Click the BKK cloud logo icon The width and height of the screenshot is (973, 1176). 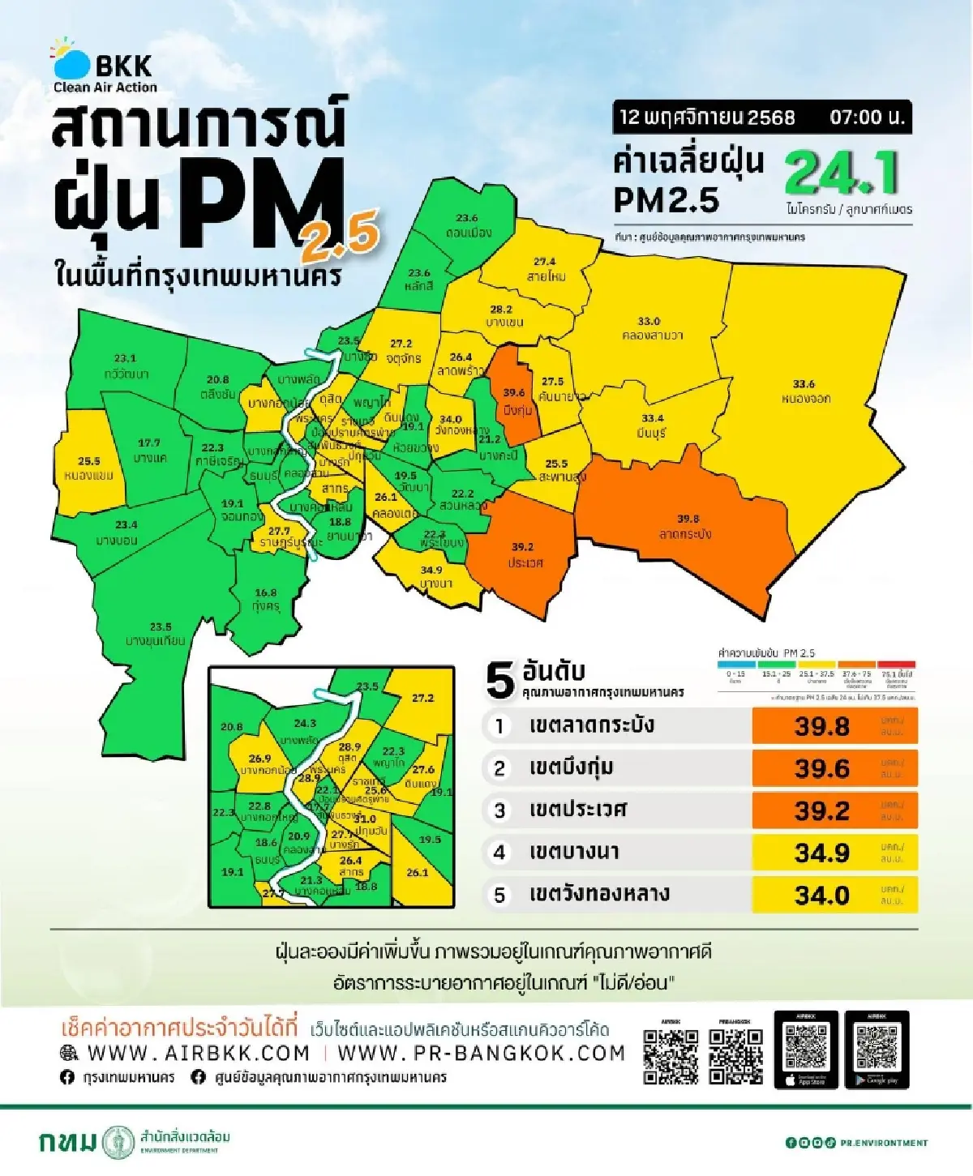pyautogui.click(x=71, y=60)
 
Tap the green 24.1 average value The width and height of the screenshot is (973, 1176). pyautogui.click(x=841, y=173)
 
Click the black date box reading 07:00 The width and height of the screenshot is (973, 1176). pyautogui.click(x=761, y=118)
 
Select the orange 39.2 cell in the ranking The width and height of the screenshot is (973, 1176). pyautogui.click(x=821, y=810)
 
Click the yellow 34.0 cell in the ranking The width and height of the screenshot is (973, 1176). pyautogui.click(x=821, y=896)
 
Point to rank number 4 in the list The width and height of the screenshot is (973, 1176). pyautogui.click(x=499, y=853)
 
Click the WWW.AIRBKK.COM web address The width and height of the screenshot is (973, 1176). pyautogui.click(x=199, y=1053)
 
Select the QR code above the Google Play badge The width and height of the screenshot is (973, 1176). pyautogui.click(x=877, y=1046)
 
